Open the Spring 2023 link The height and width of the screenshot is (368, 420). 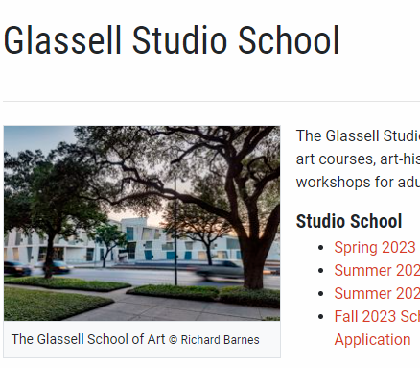click(x=375, y=247)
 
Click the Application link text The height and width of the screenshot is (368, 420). click(x=372, y=339)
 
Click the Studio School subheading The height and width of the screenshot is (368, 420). click(x=348, y=221)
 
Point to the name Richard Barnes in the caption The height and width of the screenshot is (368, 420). click(x=221, y=340)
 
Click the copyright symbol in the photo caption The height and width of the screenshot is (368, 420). click(x=174, y=340)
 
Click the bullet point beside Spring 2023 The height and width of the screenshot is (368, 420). click(x=320, y=248)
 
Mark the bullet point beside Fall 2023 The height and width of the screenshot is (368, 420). click(x=320, y=317)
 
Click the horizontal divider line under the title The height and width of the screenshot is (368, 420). click(x=211, y=101)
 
